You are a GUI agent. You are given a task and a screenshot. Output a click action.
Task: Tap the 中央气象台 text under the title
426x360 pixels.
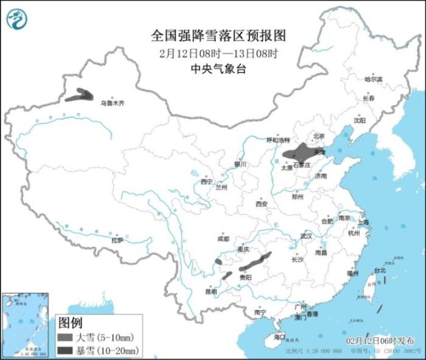[x=218, y=69]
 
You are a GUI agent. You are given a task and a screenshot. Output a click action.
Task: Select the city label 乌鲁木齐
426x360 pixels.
[x=112, y=103]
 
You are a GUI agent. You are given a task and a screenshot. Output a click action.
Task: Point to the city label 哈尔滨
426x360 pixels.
[x=373, y=80]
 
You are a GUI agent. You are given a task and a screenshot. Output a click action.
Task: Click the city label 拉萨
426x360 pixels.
[x=117, y=240]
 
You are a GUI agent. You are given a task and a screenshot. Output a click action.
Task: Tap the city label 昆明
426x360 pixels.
[x=211, y=291]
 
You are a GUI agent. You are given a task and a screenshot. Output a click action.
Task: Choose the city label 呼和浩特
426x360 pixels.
[x=279, y=140]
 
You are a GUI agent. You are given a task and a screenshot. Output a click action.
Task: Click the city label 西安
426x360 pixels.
[x=262, y=204]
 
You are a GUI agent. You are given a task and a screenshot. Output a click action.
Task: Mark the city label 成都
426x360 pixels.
[x=223, y=239]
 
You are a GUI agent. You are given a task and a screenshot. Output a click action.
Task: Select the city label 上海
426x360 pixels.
[x=364, y=223]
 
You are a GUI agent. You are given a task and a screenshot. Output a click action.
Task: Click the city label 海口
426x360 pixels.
[x=279, y=336]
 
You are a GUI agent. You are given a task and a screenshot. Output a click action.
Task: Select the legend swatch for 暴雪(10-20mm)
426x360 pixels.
[x=65, y=350]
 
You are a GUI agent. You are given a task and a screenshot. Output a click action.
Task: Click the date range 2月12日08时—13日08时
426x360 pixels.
[x=218, y=52]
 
